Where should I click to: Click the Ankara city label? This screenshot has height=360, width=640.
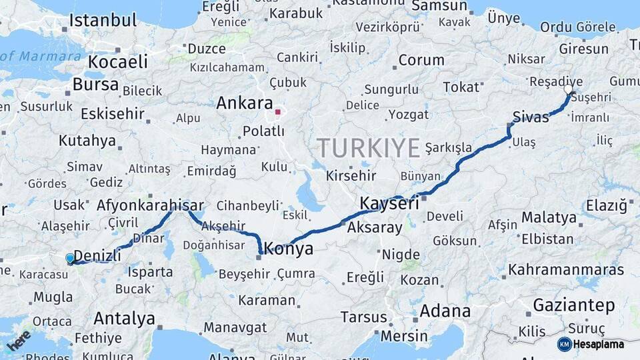(244, 104)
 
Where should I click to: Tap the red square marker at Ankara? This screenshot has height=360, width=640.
(277, 112)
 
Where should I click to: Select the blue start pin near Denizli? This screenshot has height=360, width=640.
(70, 259)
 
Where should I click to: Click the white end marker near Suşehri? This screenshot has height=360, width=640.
(568, 89)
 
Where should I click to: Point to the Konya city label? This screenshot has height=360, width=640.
(289, 249)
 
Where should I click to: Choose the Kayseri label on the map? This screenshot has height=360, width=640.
(389, 203)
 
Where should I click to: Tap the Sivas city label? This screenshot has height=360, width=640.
(531, 117)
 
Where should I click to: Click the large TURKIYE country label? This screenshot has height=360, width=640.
(368, 147)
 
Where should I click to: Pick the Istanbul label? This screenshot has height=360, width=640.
(103, 20)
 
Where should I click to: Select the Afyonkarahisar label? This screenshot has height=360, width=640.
(150, 205)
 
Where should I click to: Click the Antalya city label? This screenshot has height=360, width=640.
(124, 318)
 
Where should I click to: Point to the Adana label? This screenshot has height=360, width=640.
(445, 311)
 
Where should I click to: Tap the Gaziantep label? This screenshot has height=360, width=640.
(573, 305)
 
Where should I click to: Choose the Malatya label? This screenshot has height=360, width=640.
(549, 217)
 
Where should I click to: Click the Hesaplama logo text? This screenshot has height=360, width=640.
(595, 344)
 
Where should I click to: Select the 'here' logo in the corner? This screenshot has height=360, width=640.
(18, 340)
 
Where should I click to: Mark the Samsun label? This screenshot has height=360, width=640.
(439, 6)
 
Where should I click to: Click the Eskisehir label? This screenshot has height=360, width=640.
(113, 113)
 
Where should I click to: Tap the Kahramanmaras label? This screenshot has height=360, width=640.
(566, 270)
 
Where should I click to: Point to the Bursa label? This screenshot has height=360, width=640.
(95, 85)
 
